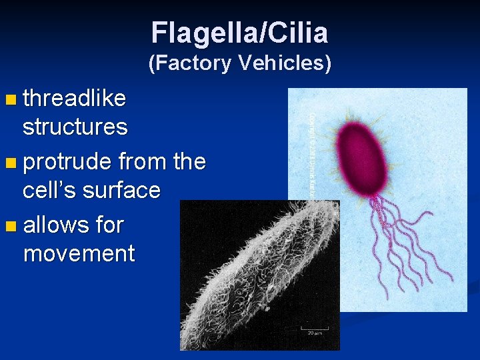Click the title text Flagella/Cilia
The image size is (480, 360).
[x=239, y=32]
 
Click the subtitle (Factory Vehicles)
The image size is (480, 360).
[x=239, y=63]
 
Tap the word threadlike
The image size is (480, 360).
[x=74, y=99]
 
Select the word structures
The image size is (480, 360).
[x=75, y=127]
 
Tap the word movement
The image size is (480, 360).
[x=79, y=253]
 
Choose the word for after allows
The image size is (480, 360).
[x=109, y=225]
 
